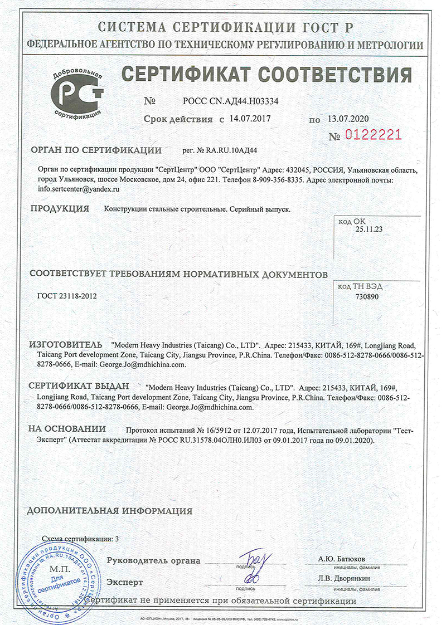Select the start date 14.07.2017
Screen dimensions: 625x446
[x=250, y=119]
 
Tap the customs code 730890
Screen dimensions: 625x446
[x=367, y=297]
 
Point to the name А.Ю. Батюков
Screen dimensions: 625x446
[x=342, y=559]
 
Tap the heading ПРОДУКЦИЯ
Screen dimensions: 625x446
[x=60, y=209]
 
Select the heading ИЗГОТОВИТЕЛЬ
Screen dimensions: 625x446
[x=66, y=345]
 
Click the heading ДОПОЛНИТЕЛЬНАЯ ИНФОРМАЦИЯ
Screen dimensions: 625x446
[x=110, y=511]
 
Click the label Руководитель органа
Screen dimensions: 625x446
[x=153, y=560]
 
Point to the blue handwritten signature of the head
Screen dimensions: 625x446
[x=254, y=565]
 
